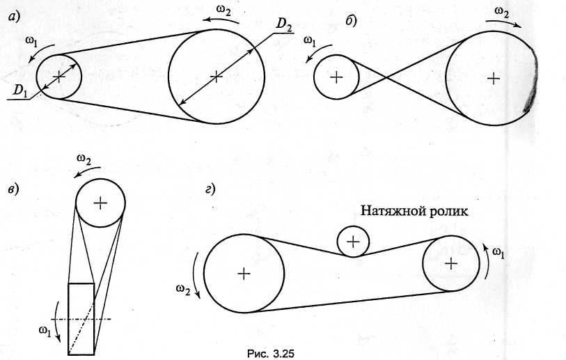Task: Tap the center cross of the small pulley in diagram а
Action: click(x=59, y=76)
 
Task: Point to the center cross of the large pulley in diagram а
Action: click(x=217, y=76)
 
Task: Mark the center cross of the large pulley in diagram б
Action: click(x=493, y=78)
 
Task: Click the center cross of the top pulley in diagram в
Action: click(x=100, y=203)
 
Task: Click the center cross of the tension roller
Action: click(x=354, y=241)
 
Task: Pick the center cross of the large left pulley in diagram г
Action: click(x=243, y=274)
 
